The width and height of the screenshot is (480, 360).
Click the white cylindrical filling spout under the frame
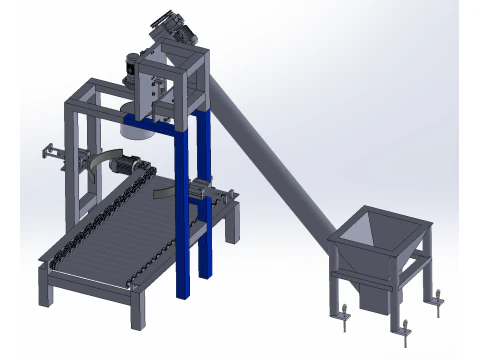coord(136,124)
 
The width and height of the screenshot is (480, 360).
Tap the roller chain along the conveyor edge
coord(95,225)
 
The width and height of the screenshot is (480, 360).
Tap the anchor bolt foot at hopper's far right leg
coord(436,295)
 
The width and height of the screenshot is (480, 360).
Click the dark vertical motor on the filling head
coord(130,71)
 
